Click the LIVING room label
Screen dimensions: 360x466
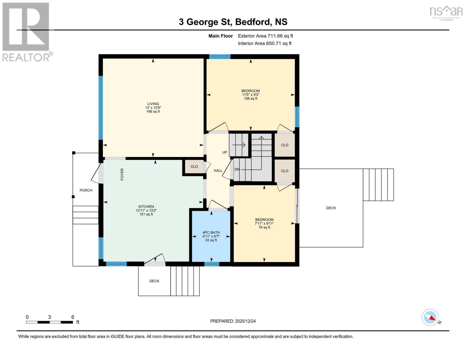tap(153, 104)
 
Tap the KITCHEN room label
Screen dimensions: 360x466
tap(146, 207)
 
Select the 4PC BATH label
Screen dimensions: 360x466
tap(211, 232)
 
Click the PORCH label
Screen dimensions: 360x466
tap(86, 190)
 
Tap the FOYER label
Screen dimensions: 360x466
tap(122, 174)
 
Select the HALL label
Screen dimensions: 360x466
tap(218, 171)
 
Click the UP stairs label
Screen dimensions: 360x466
tap(224, 152)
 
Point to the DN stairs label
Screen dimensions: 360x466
tap(237, 169)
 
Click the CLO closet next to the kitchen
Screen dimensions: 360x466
tap(194, 166)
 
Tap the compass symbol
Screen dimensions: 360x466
tap(430, 317)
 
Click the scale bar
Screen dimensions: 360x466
tap(50, 322)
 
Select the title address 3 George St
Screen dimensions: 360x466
tap(233, 22)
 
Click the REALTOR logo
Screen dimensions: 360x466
tap(26, 31)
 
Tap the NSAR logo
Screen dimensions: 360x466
tap(446, 12)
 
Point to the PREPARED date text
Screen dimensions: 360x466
tap(233, 321)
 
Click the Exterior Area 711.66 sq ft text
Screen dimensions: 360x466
tap(265, 36)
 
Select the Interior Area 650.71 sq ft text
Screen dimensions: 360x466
tap(265, 43)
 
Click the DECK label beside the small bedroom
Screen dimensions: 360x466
tap(331, 208)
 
